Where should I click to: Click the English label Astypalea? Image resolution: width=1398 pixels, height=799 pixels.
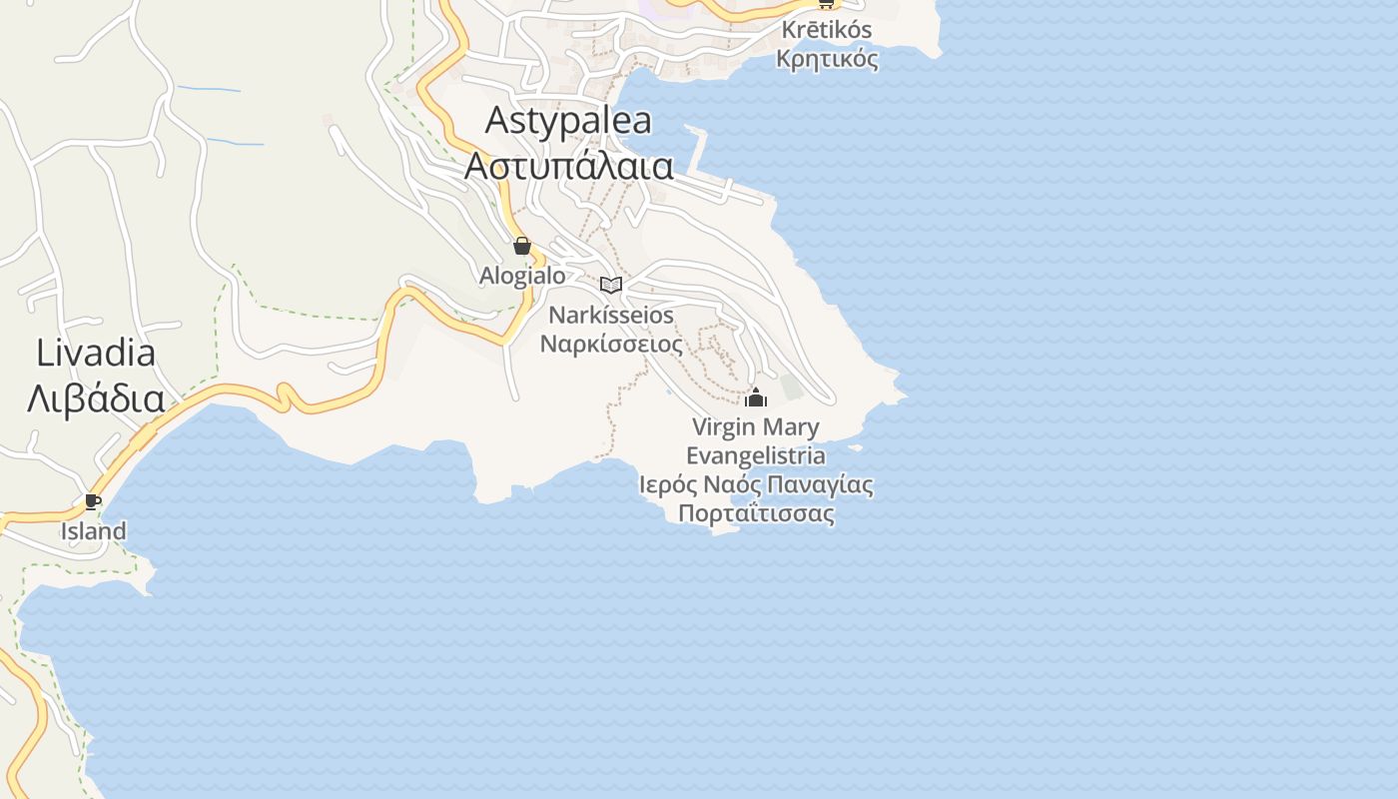[568, 121]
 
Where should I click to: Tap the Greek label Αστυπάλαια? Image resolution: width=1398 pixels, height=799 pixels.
[568, 166]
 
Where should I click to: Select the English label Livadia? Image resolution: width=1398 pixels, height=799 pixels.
[96, 353]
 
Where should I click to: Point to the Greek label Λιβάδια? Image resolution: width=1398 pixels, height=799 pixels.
[96, 399]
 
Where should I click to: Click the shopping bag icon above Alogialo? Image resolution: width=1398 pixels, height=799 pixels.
[521, 246]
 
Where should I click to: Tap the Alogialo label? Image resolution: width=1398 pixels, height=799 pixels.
[522, 276]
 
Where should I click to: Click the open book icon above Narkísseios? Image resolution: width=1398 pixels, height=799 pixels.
[611, 285]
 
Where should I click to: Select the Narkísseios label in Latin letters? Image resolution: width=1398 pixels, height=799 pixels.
[611, 316]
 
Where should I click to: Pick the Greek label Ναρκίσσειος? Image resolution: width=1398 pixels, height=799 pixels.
[611, 346]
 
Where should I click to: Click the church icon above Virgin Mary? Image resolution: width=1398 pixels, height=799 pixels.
[756, 398]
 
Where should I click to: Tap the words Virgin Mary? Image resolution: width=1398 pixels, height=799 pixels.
[756, 427]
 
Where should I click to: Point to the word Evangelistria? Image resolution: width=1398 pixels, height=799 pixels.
[756, 456]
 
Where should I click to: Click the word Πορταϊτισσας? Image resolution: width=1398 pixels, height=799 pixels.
[756, 514]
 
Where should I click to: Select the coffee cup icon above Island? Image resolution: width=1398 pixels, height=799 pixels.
[93, 501]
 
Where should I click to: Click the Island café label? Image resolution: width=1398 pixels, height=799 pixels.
[94, 531]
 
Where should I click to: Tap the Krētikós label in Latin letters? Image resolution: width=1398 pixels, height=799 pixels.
[827, 30]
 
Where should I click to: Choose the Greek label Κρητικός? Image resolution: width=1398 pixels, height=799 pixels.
[827, 59]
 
